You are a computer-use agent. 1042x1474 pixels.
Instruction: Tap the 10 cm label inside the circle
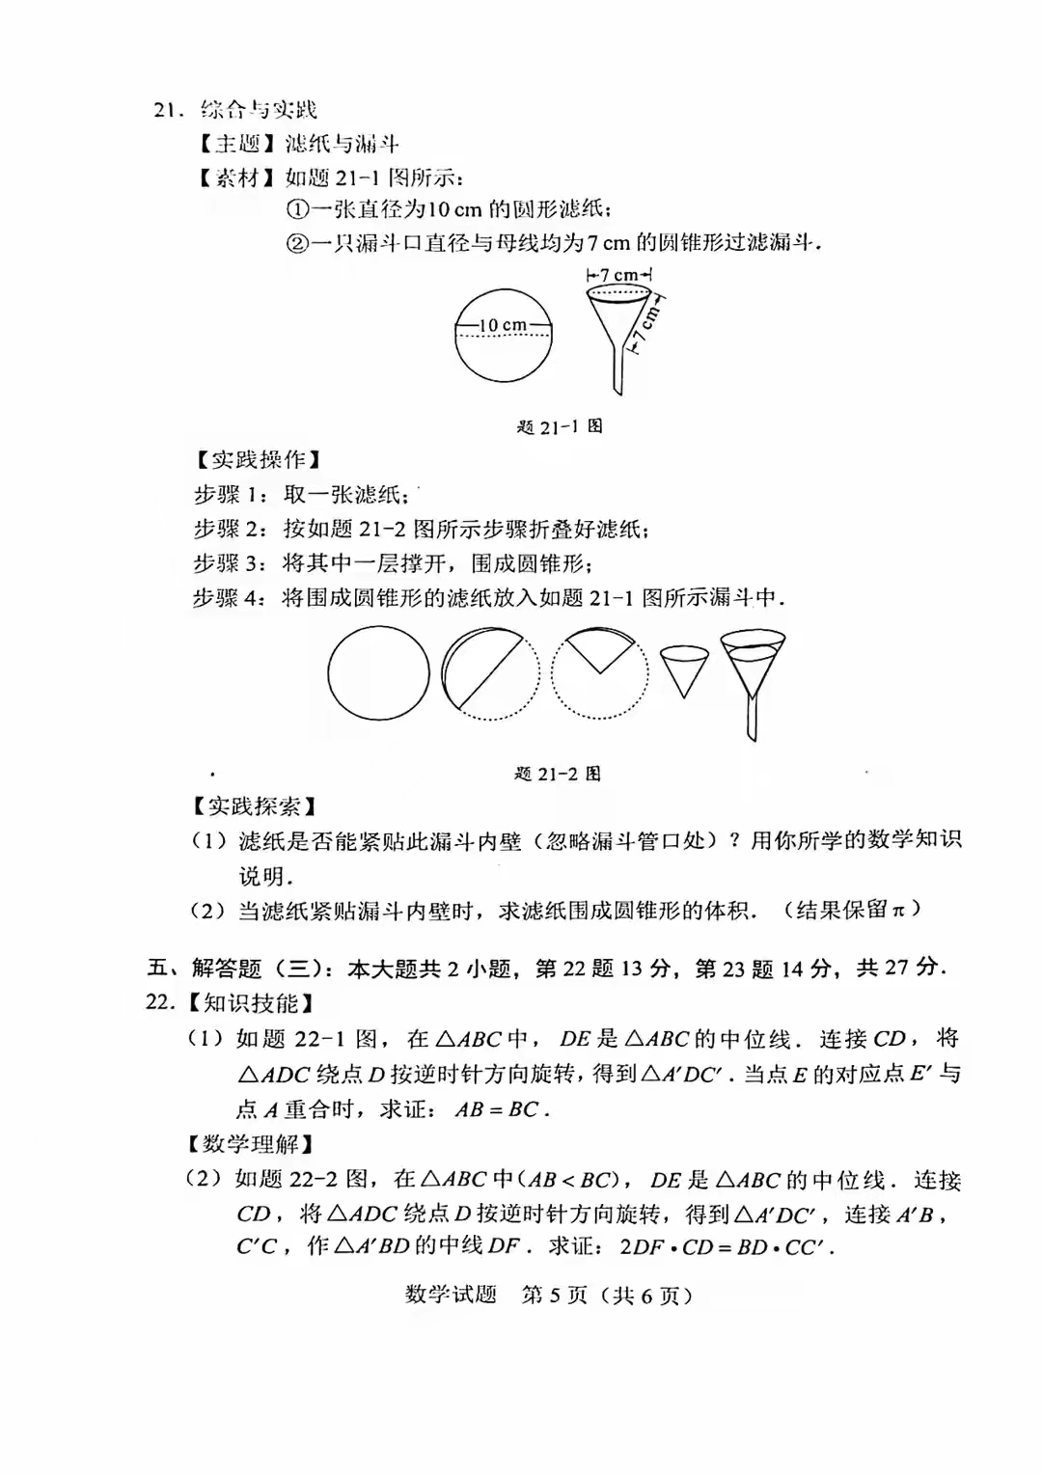[502, 326]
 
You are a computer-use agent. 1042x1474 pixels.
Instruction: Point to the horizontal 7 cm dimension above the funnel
[618, 276]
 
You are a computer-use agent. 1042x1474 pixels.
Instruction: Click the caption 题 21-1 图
[560, 426]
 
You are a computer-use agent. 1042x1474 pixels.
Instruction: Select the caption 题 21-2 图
[558, 774]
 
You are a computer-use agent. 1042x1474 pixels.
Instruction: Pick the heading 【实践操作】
[259, 460]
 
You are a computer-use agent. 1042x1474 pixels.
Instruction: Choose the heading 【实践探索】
[254, 806]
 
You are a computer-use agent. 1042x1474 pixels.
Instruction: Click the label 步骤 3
[229, 563]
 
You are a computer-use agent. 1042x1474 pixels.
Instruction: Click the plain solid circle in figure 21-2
[378, 673]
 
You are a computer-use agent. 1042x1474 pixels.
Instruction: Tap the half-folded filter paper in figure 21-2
[489, 673]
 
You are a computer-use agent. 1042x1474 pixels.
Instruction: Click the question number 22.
[160, 1002]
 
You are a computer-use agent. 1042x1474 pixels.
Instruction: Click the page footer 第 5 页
[554, 1296]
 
